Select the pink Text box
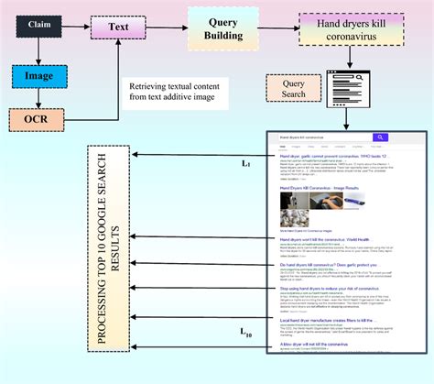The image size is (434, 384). tap(117, 28)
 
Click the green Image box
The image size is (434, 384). tap(37, 77)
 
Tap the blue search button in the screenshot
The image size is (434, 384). tap(380, 138)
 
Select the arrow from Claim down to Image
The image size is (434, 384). tap(37, 52)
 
